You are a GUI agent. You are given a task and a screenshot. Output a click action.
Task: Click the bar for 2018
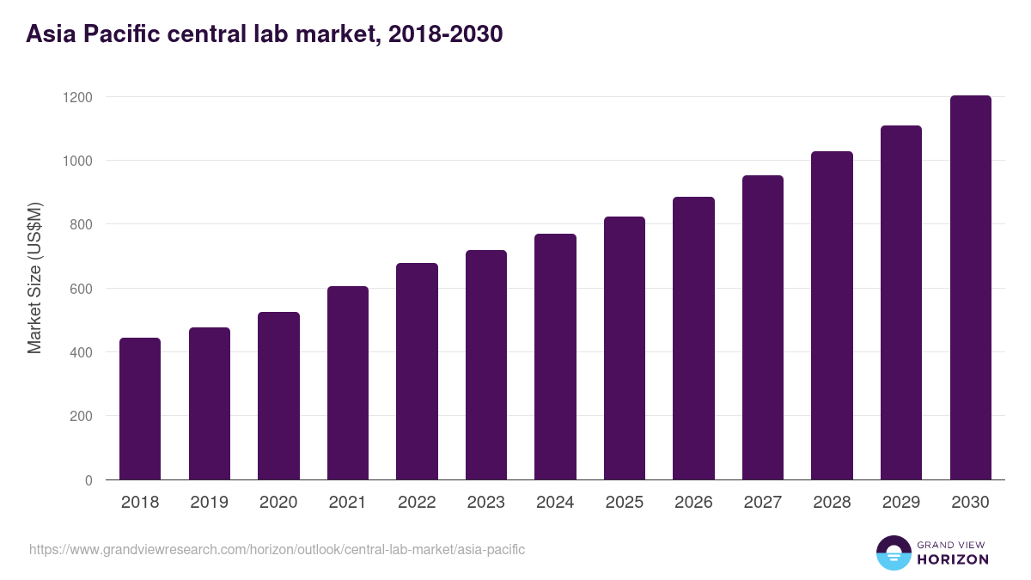pyautogui.click(x=140, y=409)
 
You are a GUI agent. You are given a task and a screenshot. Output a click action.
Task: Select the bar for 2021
pyautogui.click(x=347, y=383)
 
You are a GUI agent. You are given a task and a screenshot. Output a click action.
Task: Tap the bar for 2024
pyautogui.click(x=555, y=357)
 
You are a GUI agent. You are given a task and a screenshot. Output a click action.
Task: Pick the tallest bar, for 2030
pyautogui.click(x=970, y=288)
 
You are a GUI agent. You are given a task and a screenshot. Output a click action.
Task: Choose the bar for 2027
pyautogui.click(x=763, y=327)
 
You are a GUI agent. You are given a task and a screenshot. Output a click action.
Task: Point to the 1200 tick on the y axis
pyautogui.click(x=77, y=97)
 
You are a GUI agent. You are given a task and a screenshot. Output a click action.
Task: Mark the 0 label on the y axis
pyautogui.click(x=88, y=480)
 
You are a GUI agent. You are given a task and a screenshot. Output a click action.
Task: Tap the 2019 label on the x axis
pyautogui.click(x=209, y=503)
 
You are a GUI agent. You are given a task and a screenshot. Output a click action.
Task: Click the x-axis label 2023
pyautogui.click(x=485, y=503)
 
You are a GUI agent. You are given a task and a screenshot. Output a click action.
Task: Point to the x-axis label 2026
pyautogui.click(x=693, y=503)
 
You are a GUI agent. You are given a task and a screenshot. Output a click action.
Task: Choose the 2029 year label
pyautogui.click(x=901, y=503)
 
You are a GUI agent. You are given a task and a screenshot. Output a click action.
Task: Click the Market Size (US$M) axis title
pyautogui.click(x=34, y=278)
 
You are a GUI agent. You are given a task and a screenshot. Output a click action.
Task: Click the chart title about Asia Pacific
pyautogui.click(x=264, y=34)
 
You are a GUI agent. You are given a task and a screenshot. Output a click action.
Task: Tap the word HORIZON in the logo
pyautogui.click(x=953, y=559)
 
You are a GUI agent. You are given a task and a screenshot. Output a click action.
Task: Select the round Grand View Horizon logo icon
pyautogui.click(x=894, y=553)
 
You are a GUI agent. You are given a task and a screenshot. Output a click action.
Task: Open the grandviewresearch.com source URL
pyautogui.click(x=277, y=549)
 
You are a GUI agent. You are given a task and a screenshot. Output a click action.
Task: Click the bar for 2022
pyautogui.click(x=417, y=371)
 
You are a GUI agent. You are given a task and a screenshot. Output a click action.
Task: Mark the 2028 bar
pyautogui.click(x=832, y=315)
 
